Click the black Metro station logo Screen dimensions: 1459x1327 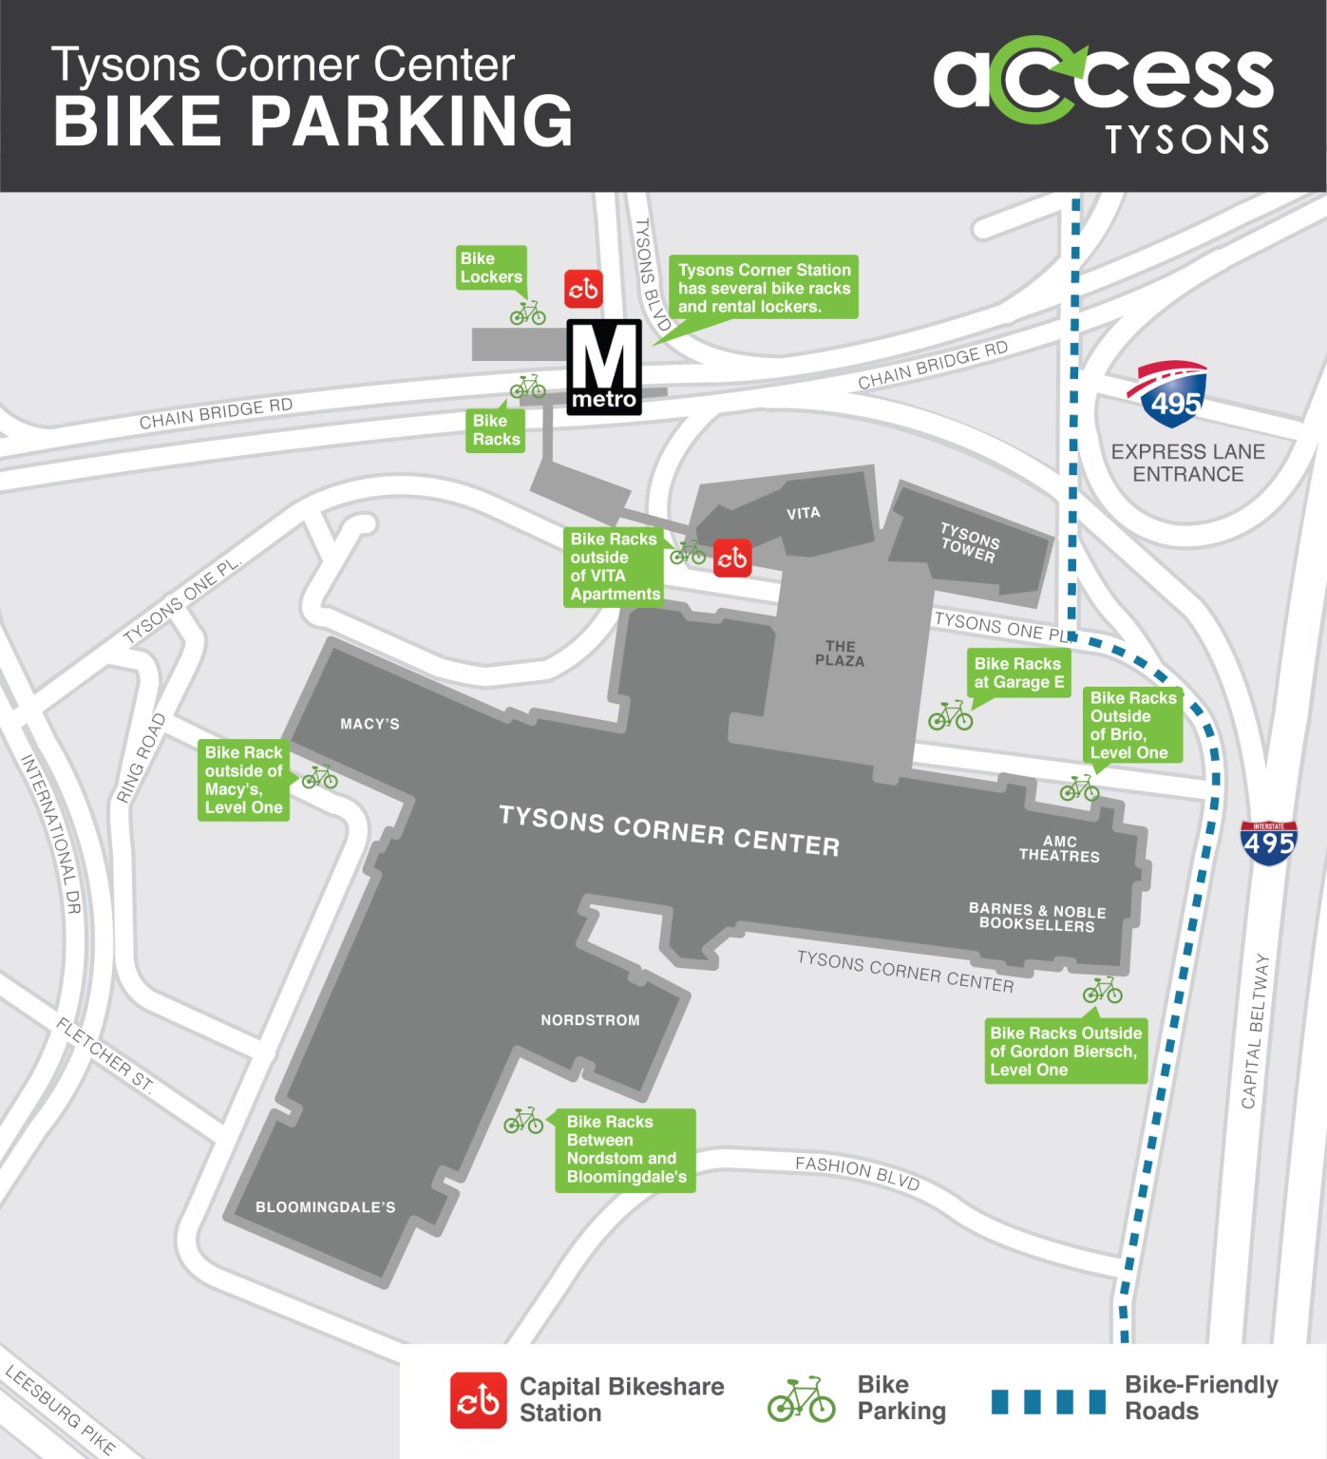click(604, 367)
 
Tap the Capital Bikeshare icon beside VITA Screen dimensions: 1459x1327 click(731, 558)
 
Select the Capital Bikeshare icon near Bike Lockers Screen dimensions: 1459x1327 click(583, 288)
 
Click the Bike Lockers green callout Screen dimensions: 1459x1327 click(490, 268)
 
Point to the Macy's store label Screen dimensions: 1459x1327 click(370, 724)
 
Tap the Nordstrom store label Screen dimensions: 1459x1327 click(590, 1020)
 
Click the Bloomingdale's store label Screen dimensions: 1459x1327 click(325, 1207)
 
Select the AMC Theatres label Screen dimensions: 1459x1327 click(1059, 848)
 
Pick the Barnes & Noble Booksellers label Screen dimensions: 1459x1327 click(1037, 918)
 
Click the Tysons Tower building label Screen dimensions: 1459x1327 click(969, 542)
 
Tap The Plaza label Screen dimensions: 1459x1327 click(840, 654)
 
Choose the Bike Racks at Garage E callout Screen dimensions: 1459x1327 click(1018, 673)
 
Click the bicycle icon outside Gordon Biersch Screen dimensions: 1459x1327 click(1103, 991)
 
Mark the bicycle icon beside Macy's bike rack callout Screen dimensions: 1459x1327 click(320, 778)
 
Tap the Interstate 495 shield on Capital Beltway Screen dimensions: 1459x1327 click(1268, 843)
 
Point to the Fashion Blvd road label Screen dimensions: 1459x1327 click(857, 1173)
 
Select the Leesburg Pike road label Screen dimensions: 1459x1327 click(60, 1411)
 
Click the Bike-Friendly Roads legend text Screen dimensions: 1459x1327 click(1201, 1397)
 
